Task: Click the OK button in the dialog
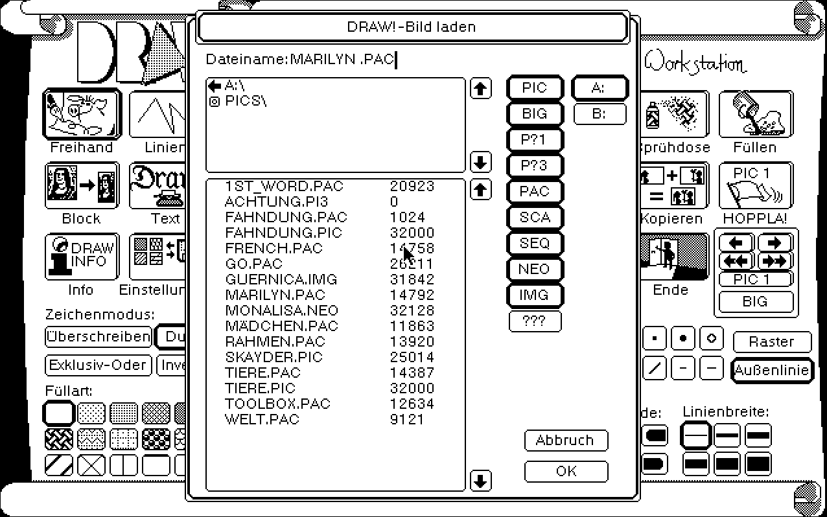pyautogui.click(x=566, y=471)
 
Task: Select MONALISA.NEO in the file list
pyautogui.click(x=281, y=310)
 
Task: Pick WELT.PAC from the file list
pyautogui.click(x=262, y=419)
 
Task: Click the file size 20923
pyautogui.click(x=412, y=187)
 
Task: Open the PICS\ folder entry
pyautogui.click(x=246, y=101)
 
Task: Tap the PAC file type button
pyautogui.click(x=535, y=192)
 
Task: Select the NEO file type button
pyautogui.click(x=535, y=270)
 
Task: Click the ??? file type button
pyautogui.click(x=535, y=321)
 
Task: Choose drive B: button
pyautogui.click(x=600, y=114)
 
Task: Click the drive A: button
pyautogui.click(x=600, y=88)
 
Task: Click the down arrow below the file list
pyautogui.click(x=480, y=481)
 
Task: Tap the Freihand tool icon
pyautogui.click(x=82, y=115)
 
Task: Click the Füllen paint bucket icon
pyautogui.click(x=755, y=115)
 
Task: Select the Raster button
pyautogui.click(x=771, y=341)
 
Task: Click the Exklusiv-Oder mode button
pyautogui.click(x=98, y=365)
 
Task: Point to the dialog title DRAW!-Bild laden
pyautogui.click(x=412, y=27)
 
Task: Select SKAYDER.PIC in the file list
pyautogui.click(x=274, y=357)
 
